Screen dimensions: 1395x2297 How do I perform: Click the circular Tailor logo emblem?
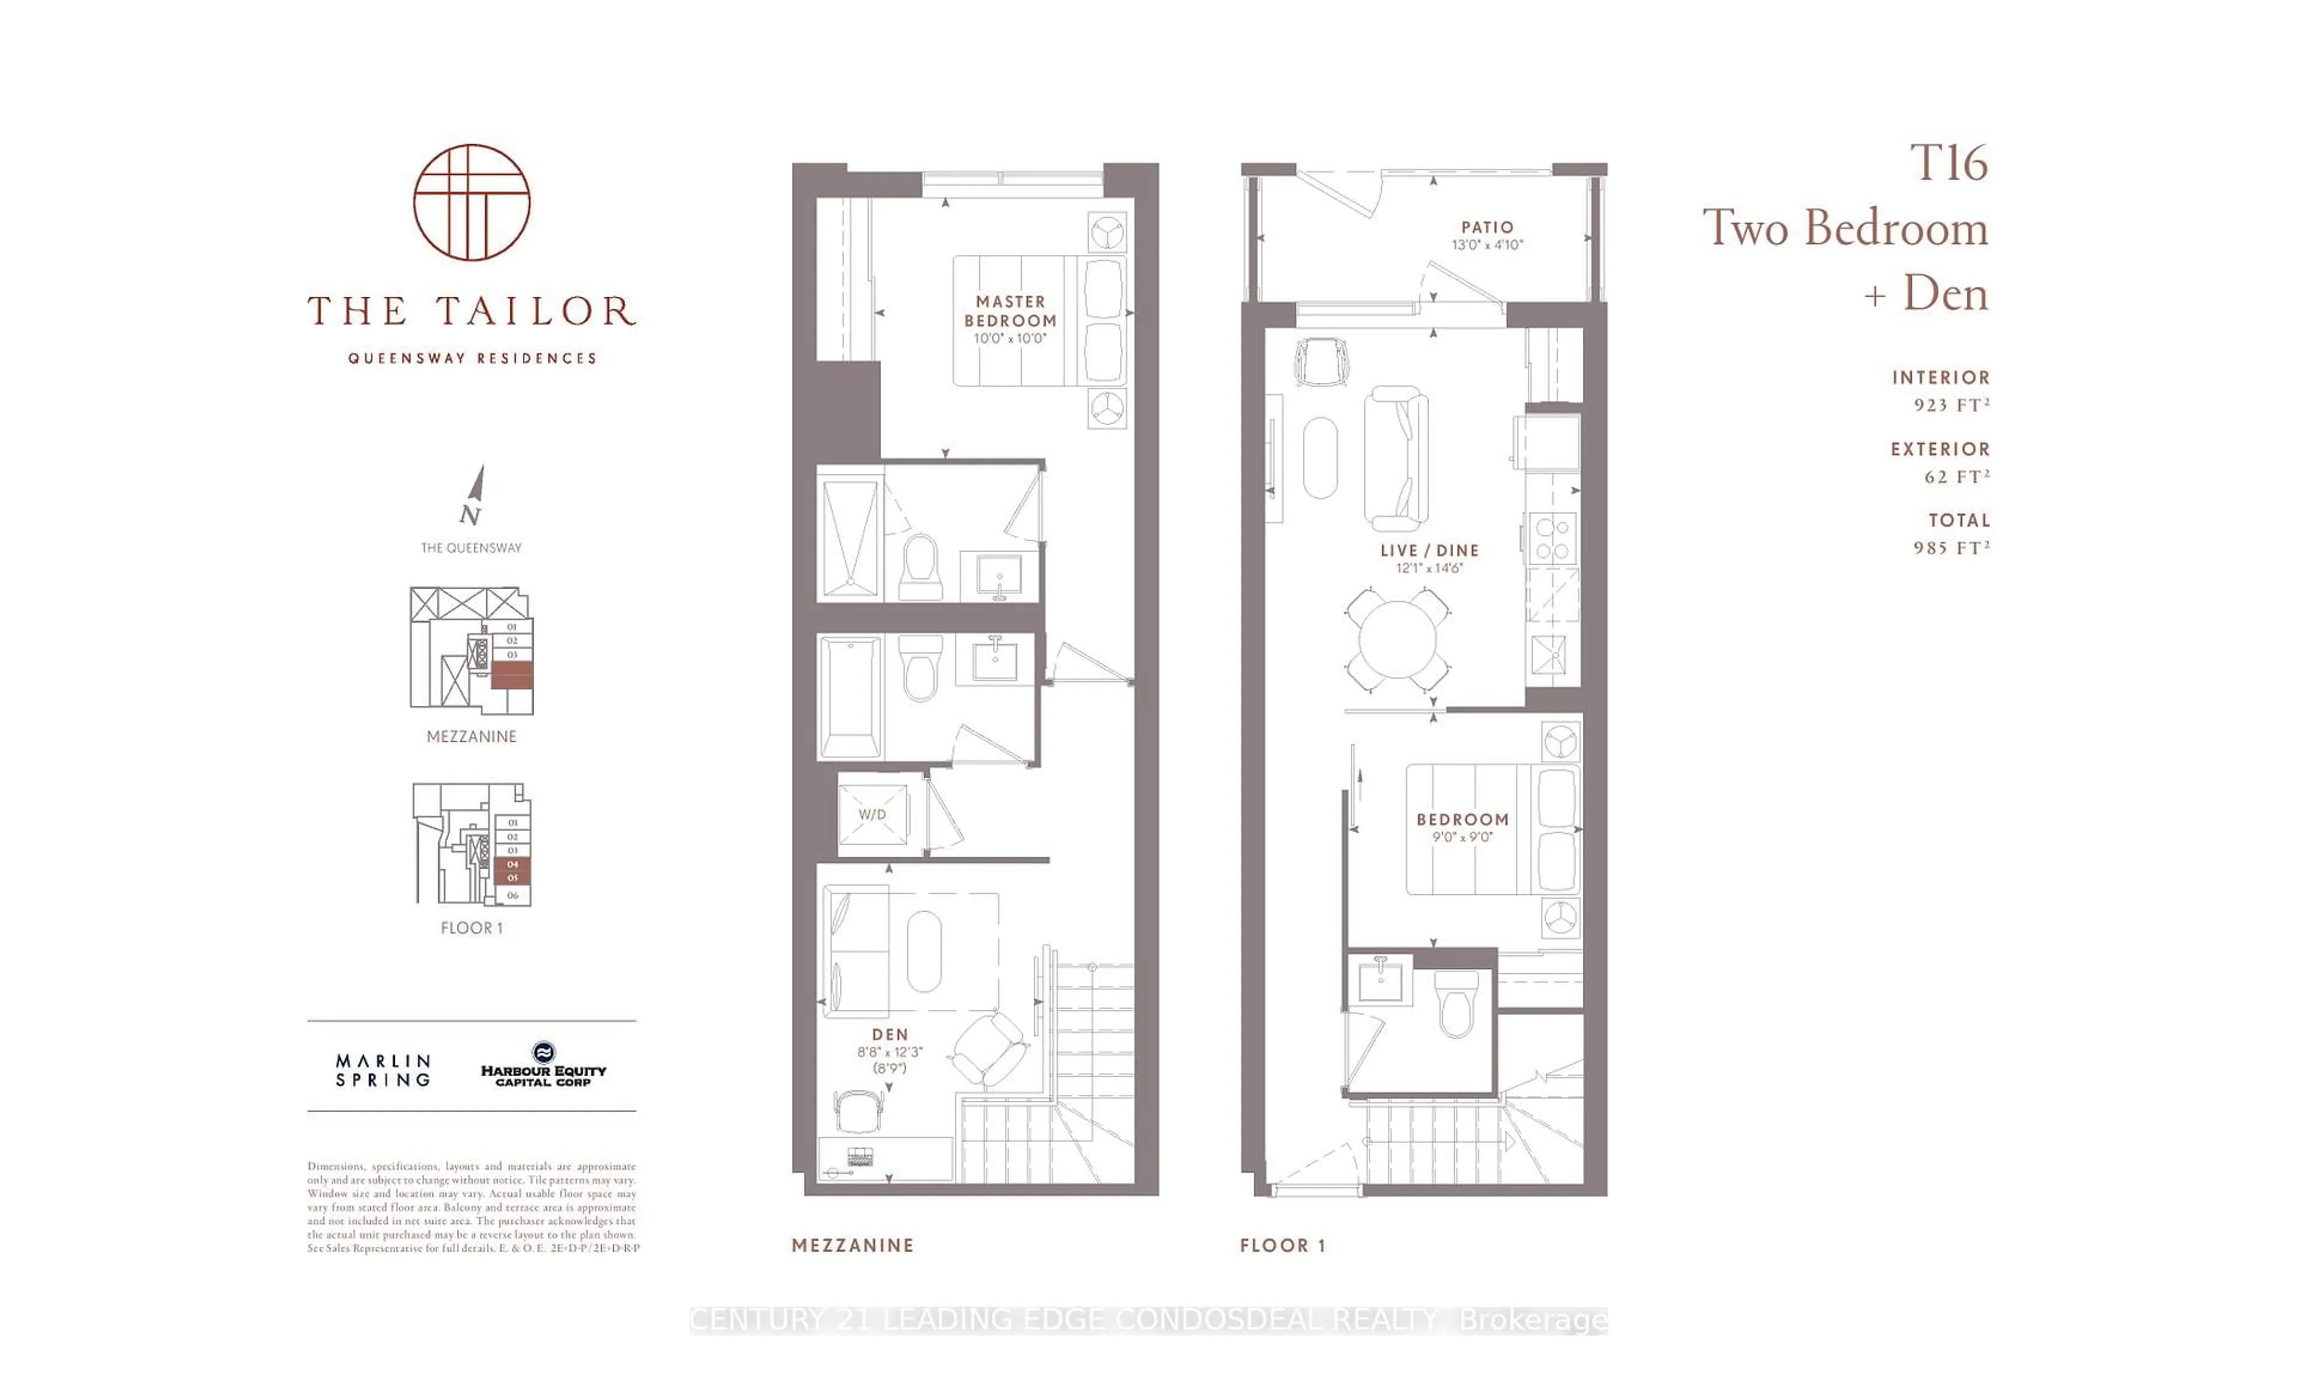[472, 202]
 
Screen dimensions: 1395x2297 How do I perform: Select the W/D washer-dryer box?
[872, 814]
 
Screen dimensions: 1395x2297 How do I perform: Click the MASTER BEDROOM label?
[1010, 310]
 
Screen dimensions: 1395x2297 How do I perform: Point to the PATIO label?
[1487, 227]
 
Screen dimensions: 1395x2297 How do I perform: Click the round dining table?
[1397, 639]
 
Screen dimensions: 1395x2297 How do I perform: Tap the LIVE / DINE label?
[1429, 550]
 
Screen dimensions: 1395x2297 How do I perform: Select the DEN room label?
[889, 1034]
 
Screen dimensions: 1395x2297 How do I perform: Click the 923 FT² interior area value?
[1951, 405]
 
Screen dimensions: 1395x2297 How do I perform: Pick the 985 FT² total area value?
[1951, 547]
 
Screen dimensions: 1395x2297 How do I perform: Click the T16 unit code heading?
[1948, 163]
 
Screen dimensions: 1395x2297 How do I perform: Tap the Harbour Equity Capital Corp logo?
[544, 1066]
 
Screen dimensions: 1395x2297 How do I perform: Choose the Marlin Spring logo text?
[383, 1071]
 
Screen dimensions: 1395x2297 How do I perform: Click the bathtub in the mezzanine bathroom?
[849, 696]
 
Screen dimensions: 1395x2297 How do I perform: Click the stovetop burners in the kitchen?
[1552, 539]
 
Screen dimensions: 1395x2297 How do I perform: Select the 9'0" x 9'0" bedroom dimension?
[1462, 837]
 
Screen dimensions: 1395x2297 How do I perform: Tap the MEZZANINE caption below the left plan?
[852, 1245]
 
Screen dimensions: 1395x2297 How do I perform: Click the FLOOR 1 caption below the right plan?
[1282, 1245]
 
